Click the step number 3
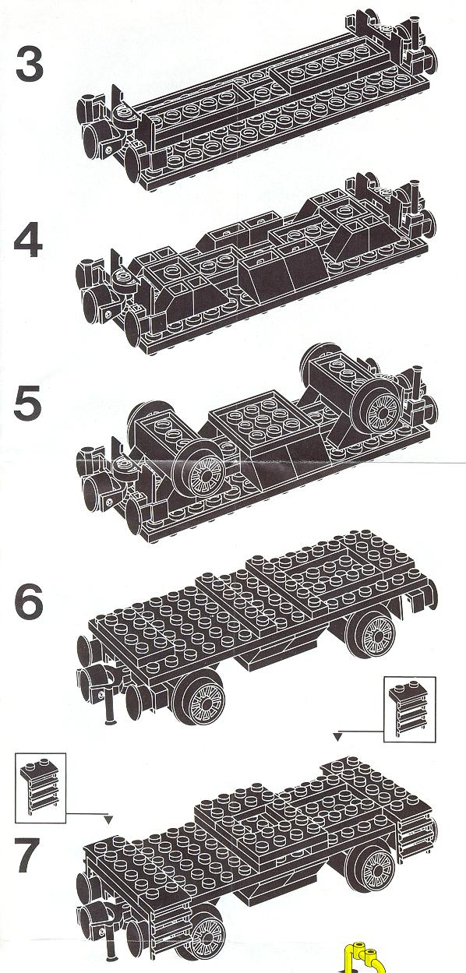[30, 65]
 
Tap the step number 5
[29, 404]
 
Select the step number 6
[29, 601]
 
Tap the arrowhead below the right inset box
[337, 736]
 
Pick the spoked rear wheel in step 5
[381, 408]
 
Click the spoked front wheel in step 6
[203, 702]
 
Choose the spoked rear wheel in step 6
[375, 635]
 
